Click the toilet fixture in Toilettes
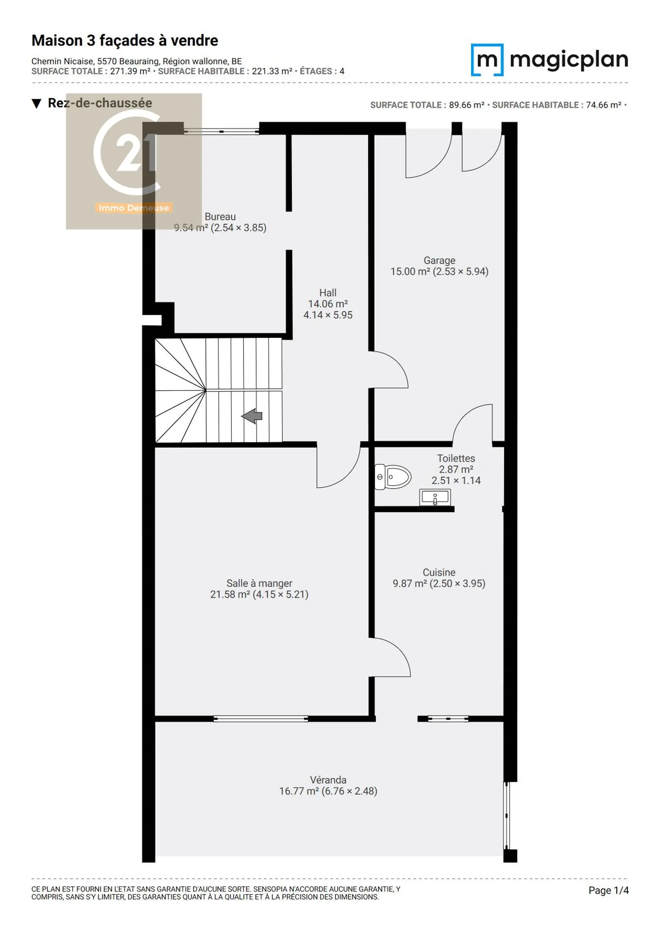(392, 477)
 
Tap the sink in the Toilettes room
(435, 497)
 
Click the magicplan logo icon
(487, 60)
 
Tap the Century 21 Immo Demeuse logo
(134, 161)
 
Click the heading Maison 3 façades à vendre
(125, 40)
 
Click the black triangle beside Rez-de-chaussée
(36, 104)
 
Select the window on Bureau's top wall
(221, 131)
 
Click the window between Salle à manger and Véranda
(261, 719)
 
